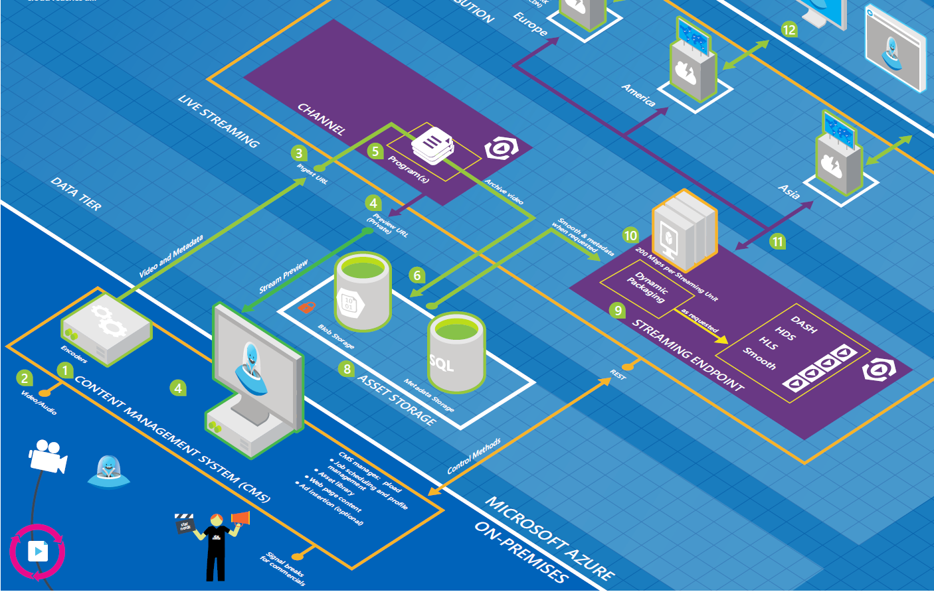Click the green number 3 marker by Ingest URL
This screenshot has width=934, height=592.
tap(299, 153)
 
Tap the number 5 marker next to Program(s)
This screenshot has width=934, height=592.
tap(375, 151)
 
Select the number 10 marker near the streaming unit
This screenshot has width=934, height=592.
tap(630, 235)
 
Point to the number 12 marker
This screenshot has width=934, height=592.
tap(789, 29)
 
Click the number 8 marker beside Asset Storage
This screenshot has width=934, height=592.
tap(346, 368)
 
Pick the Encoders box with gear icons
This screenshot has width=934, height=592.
tap(106, 329)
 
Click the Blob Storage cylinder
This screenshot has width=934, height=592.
tap(362, 292)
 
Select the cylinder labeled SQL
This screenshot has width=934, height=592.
tap(456, 352)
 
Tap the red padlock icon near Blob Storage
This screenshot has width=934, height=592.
tap(306, 307)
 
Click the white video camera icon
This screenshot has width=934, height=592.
tap(47, 456)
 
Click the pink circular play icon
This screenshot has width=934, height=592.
tap(37, 551)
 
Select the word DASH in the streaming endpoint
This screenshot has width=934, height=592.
tap(804, 325)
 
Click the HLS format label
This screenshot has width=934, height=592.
tap(769, 344)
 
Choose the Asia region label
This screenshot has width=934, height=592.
tap(789, 192)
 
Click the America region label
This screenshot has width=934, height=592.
tap(638, 95)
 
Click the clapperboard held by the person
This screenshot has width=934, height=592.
tap(185, 524)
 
